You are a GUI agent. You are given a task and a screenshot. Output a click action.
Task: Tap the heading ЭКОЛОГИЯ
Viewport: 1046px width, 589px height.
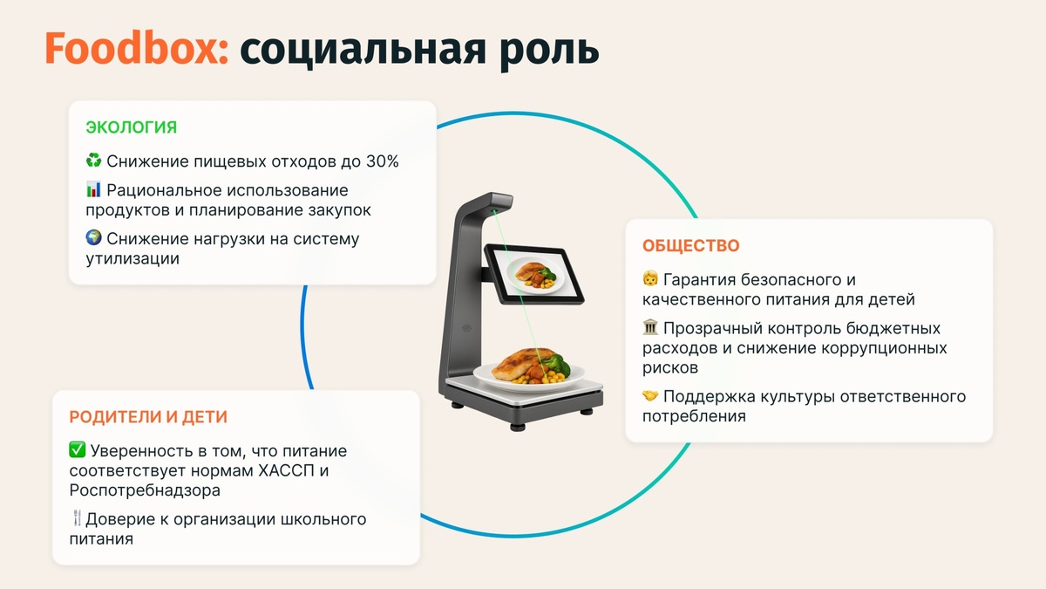click(x=131, y=127)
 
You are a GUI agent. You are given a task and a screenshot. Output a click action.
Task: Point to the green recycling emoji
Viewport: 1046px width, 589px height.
click(x=94, y=161)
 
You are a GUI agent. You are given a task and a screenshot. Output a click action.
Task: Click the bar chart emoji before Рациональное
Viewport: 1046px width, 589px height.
click(x=94, y=189)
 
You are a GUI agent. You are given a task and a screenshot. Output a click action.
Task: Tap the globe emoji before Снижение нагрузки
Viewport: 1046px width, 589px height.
click(x=94, y=238)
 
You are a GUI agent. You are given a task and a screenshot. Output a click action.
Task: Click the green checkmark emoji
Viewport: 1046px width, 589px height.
click(x=77, y=451)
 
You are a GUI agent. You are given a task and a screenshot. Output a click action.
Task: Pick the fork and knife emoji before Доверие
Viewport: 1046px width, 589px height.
click(x=77, y=519)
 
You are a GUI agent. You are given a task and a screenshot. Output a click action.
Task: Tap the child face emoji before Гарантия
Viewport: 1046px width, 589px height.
click(x=650, y=280)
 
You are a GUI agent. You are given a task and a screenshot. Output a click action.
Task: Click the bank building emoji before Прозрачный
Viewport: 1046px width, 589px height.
click(x=650, y=329)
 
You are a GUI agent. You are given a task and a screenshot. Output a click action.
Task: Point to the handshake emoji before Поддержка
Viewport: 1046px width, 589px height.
click(x=650, y=396)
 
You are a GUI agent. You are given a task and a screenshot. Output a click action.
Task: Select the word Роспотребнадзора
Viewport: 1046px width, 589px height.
click(x=132, y=490)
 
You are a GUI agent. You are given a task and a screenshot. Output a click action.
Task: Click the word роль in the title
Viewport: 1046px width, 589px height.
click(x=549, y=50)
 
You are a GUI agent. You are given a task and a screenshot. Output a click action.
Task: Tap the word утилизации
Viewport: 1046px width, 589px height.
click(x=132, y=258)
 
